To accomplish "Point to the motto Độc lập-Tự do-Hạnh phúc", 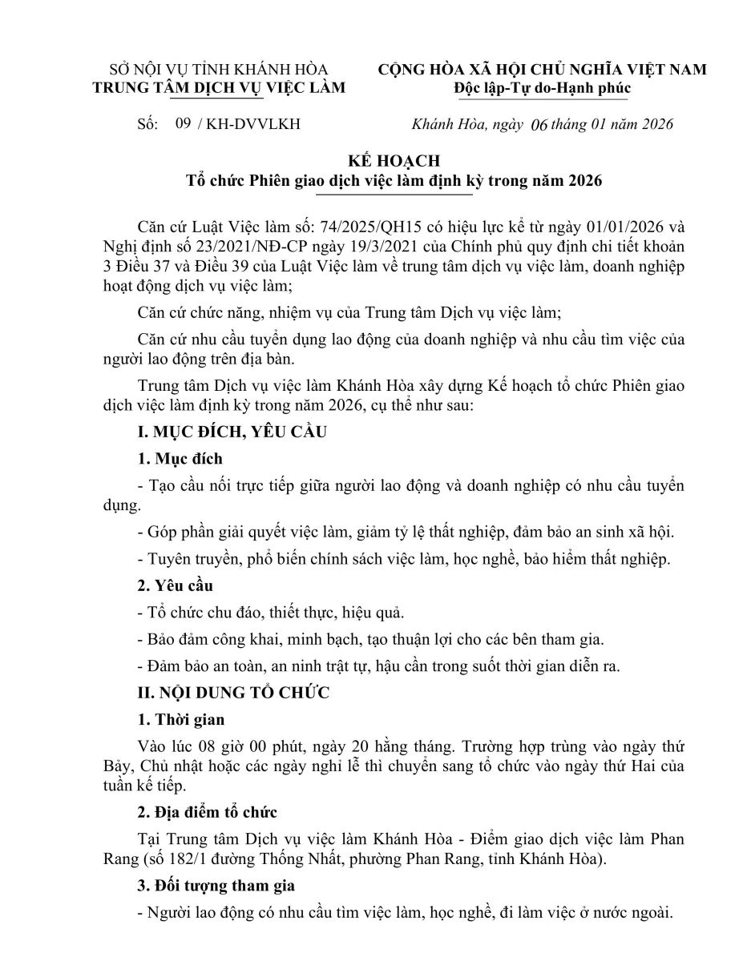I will point(542,88).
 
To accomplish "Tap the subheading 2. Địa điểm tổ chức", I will point(207,813).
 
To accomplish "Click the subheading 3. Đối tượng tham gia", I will point(216,886).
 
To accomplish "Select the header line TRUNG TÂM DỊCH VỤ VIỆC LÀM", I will point(219,87).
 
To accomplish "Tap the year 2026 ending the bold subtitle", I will point(584,182).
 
